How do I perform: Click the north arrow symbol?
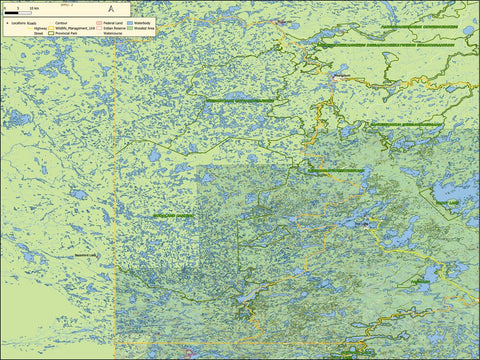click(111, 8)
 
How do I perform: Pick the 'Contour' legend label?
click(64, 22)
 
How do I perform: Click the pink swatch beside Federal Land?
click(98, 22)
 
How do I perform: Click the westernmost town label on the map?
click(85, 255)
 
